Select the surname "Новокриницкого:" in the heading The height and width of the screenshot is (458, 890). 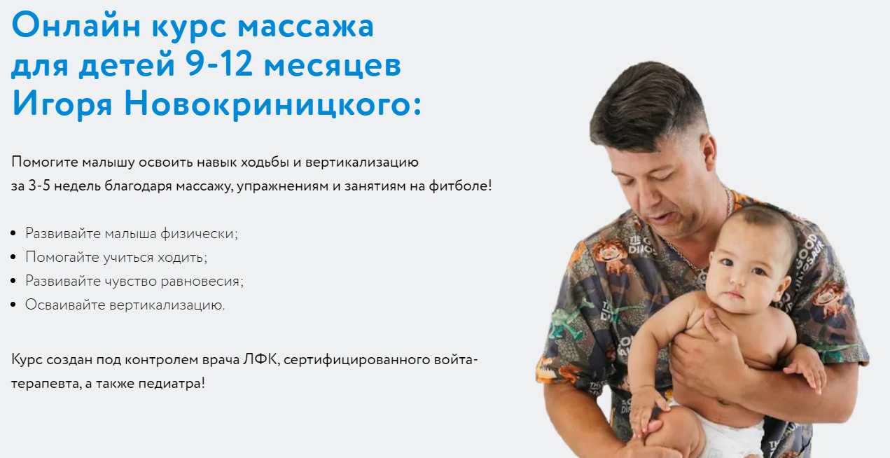pos(273,104)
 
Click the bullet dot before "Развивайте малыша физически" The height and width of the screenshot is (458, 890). pos(15,233)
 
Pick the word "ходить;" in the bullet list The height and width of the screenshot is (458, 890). pos(184,257)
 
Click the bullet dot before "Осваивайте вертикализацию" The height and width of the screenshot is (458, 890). pos(15,305)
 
